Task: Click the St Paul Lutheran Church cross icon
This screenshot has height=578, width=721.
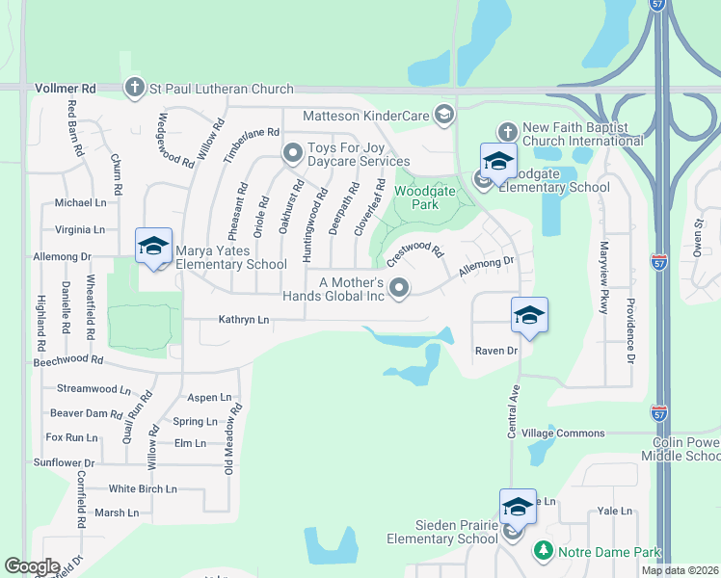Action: tap(135, 89)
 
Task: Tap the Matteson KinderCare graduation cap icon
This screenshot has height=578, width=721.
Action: tap(443, 116)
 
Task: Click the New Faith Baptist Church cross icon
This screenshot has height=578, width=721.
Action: tap(507, 130)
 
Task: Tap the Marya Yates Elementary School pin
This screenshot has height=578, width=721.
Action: tap(153, 248)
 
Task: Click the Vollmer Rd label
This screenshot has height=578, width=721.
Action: tap(66, 89)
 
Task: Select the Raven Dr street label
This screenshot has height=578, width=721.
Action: tap(496, 351)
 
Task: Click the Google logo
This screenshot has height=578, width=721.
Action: tap(32, 566)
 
